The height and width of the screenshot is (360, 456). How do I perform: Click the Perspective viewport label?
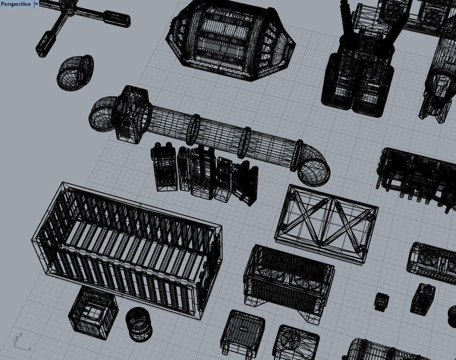tap(15, 4)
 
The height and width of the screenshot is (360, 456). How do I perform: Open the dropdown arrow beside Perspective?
tap(36, 4)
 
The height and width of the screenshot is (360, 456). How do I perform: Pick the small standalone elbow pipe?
tap(75, 72)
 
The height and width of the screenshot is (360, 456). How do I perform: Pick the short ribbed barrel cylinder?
tap(139, 323)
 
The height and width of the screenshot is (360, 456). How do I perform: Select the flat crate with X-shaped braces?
tap(326, 222)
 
